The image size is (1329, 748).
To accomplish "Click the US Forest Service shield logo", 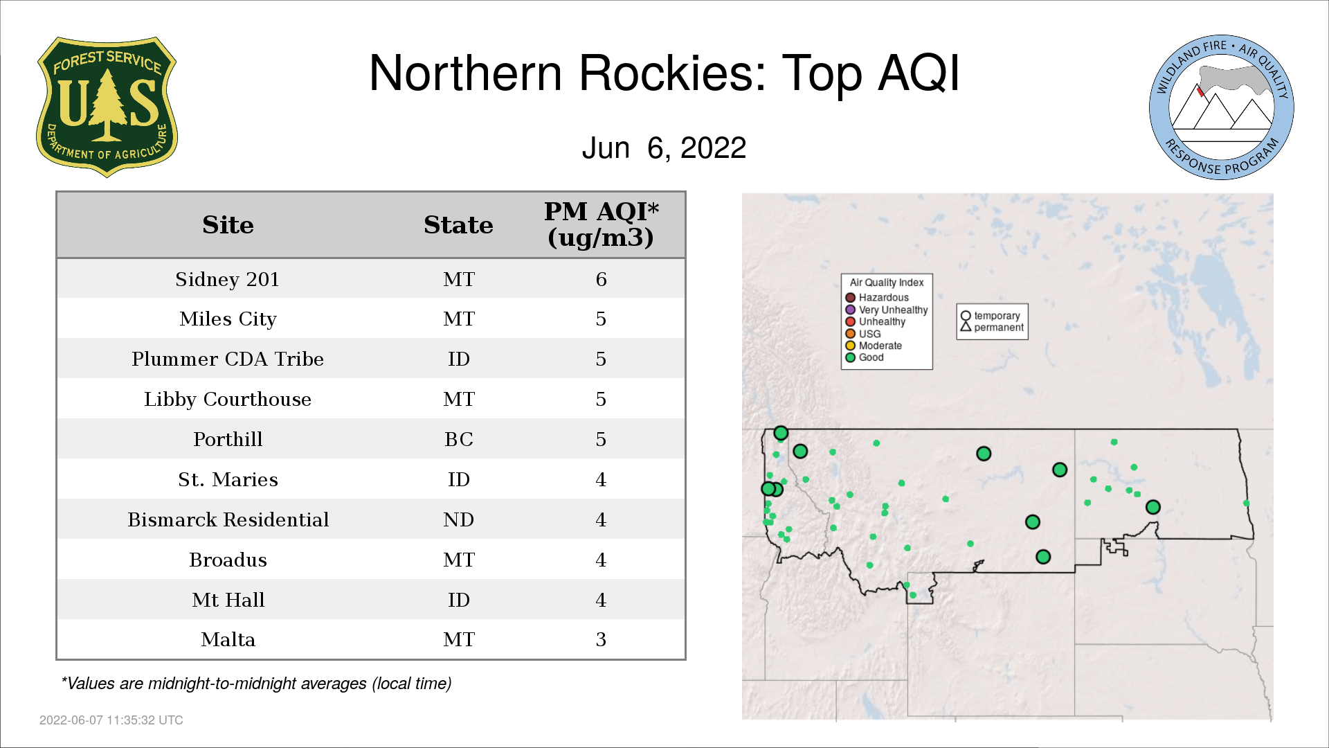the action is tap(107, 107).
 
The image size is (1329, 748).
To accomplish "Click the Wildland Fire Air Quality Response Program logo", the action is tap(1222, 107).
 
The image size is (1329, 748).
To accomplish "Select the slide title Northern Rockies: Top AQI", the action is tap(664, 73).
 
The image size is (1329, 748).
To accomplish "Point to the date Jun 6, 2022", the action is tap(664, 148).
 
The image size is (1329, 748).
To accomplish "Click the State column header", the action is tap(458, 225).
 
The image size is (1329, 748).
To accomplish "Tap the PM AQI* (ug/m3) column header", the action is tap(601, 224).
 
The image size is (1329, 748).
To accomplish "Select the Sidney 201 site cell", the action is tap(228, 279).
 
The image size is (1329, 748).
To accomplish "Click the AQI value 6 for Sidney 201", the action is tap(601, 279).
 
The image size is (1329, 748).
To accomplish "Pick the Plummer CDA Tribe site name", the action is tap(228, 359).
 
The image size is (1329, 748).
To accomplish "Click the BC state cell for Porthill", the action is tap(459, 439).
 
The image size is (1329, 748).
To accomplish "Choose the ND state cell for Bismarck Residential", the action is tap(458, 519).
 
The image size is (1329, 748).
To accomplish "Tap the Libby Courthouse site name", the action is tap(228, 399).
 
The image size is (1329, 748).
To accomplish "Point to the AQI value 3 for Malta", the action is tap(601, 639).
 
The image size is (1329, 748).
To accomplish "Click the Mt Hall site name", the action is tap(228, 600).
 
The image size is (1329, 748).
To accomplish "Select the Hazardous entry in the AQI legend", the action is tap(877, 298).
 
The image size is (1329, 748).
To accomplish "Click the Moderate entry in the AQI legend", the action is tap(874, 346).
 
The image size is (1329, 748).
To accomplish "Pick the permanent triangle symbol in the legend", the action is tap(966, 327).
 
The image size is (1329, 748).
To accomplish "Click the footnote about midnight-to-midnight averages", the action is tap(256, 684).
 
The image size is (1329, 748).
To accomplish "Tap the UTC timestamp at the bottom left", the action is tap(111, 720).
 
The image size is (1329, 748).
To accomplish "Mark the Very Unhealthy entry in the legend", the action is tap(887, 310).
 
